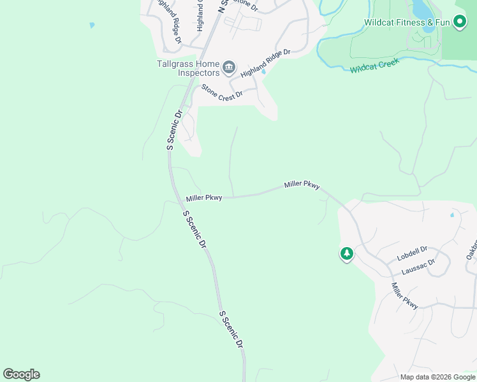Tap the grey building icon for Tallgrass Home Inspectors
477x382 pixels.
[x=229, y=67]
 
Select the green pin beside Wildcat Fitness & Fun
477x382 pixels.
[x=459, y=22]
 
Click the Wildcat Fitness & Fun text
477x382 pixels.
[x=407, y=22]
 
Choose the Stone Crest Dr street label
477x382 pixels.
[x=223, y=91]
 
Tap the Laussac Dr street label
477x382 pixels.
[x=418, y=267]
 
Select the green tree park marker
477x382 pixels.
[x=347, y=254]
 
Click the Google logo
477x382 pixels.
[x=21, y=374]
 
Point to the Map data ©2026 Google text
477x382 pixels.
[x=437, y=377]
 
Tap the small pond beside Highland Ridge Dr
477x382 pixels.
[x=263, y=71]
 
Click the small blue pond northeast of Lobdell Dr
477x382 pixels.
[x=452, y=215]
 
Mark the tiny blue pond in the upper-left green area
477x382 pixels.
[x=92, y=25]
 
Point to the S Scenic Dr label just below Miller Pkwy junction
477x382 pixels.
[x=195, y=230]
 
